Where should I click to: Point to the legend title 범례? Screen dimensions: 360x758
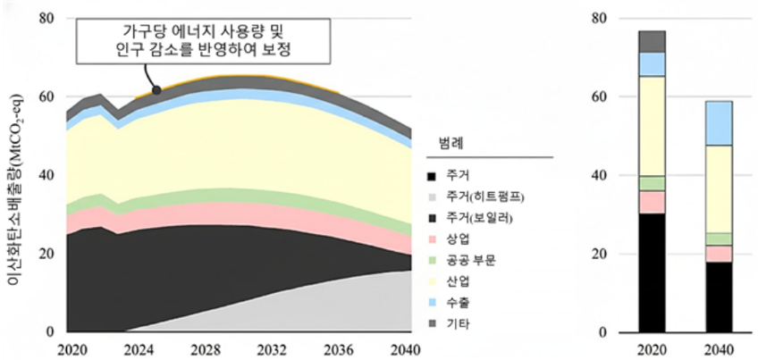[450, 143]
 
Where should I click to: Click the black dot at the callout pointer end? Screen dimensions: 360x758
[156, 89]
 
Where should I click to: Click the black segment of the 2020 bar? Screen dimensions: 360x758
[652, 272]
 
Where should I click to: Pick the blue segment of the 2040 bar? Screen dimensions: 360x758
[718, 122]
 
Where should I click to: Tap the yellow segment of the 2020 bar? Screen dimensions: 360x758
[652, 126]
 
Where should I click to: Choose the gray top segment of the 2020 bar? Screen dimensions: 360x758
[652, 41]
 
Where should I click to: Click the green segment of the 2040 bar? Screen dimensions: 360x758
[718, 239]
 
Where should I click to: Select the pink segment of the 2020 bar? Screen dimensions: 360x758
[652, 202]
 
